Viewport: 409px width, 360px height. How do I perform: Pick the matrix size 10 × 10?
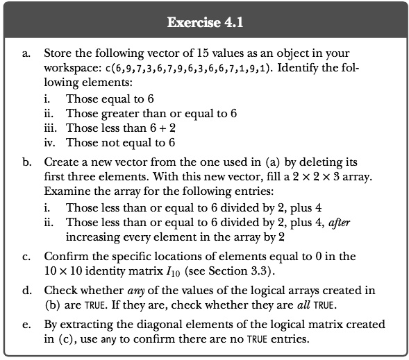point(66,270)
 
